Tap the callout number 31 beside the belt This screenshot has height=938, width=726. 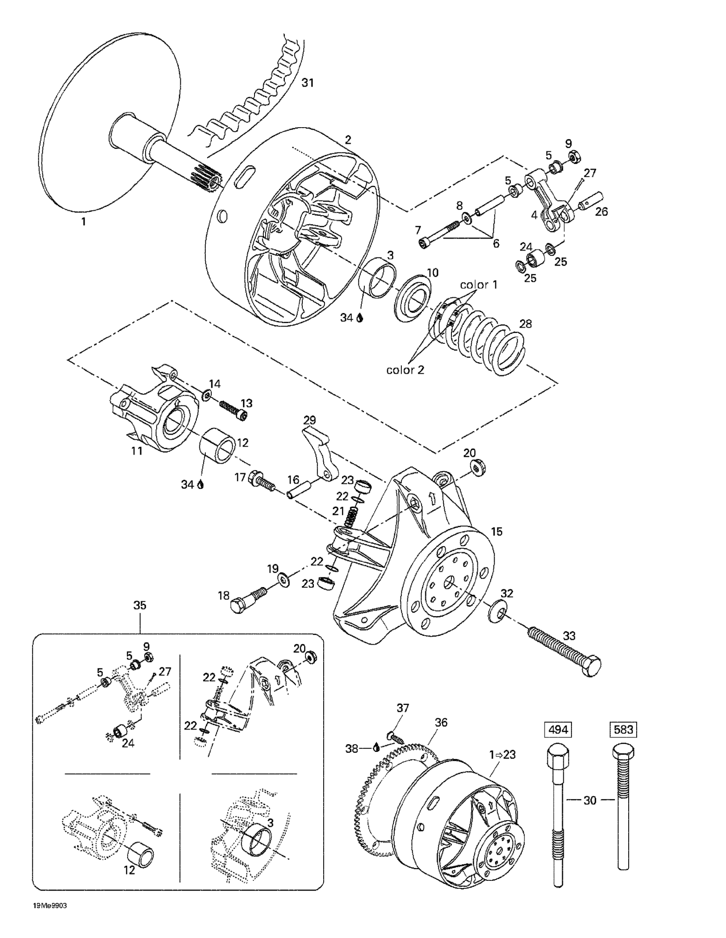[x=307, y=83]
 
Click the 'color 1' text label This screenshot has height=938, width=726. [x=479, y=285]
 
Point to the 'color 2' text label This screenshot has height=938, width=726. [x=405, y=370]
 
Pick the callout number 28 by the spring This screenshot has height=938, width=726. [x=525, y=323]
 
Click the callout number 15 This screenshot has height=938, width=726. [x=497, y=531]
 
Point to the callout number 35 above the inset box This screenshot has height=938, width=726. [x=140, y=605]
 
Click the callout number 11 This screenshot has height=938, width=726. [x=137, y=451]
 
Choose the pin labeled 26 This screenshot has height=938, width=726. [x=593, y=202]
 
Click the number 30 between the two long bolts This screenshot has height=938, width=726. [x=590, y=800]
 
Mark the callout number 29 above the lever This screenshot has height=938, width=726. [x=309, y=420]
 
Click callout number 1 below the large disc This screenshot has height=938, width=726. [x=83, y=222]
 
